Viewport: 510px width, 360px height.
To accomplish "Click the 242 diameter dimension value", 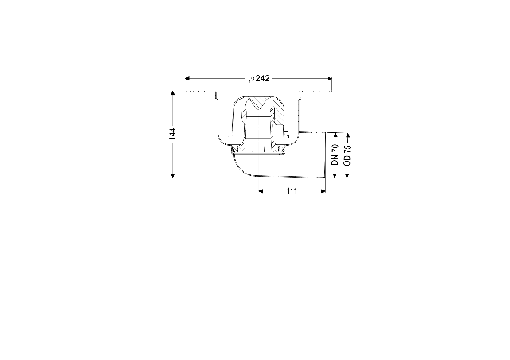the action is click(262, 78).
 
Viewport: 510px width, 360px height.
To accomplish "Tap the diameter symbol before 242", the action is click(251, 79).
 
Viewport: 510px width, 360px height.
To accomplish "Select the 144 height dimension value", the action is click(172, 134).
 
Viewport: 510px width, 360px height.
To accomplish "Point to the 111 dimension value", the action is click(292, 191).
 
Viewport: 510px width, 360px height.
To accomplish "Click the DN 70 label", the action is click(335, 155).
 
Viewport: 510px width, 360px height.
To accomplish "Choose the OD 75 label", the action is click(347, 155).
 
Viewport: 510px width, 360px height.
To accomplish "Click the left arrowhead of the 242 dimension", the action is click(187, 78).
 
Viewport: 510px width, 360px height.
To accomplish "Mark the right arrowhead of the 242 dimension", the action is click(329, 78).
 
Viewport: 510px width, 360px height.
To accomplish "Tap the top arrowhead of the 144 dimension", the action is click(173, 93).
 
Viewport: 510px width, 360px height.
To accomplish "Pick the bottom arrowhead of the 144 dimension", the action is click(173, 176).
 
